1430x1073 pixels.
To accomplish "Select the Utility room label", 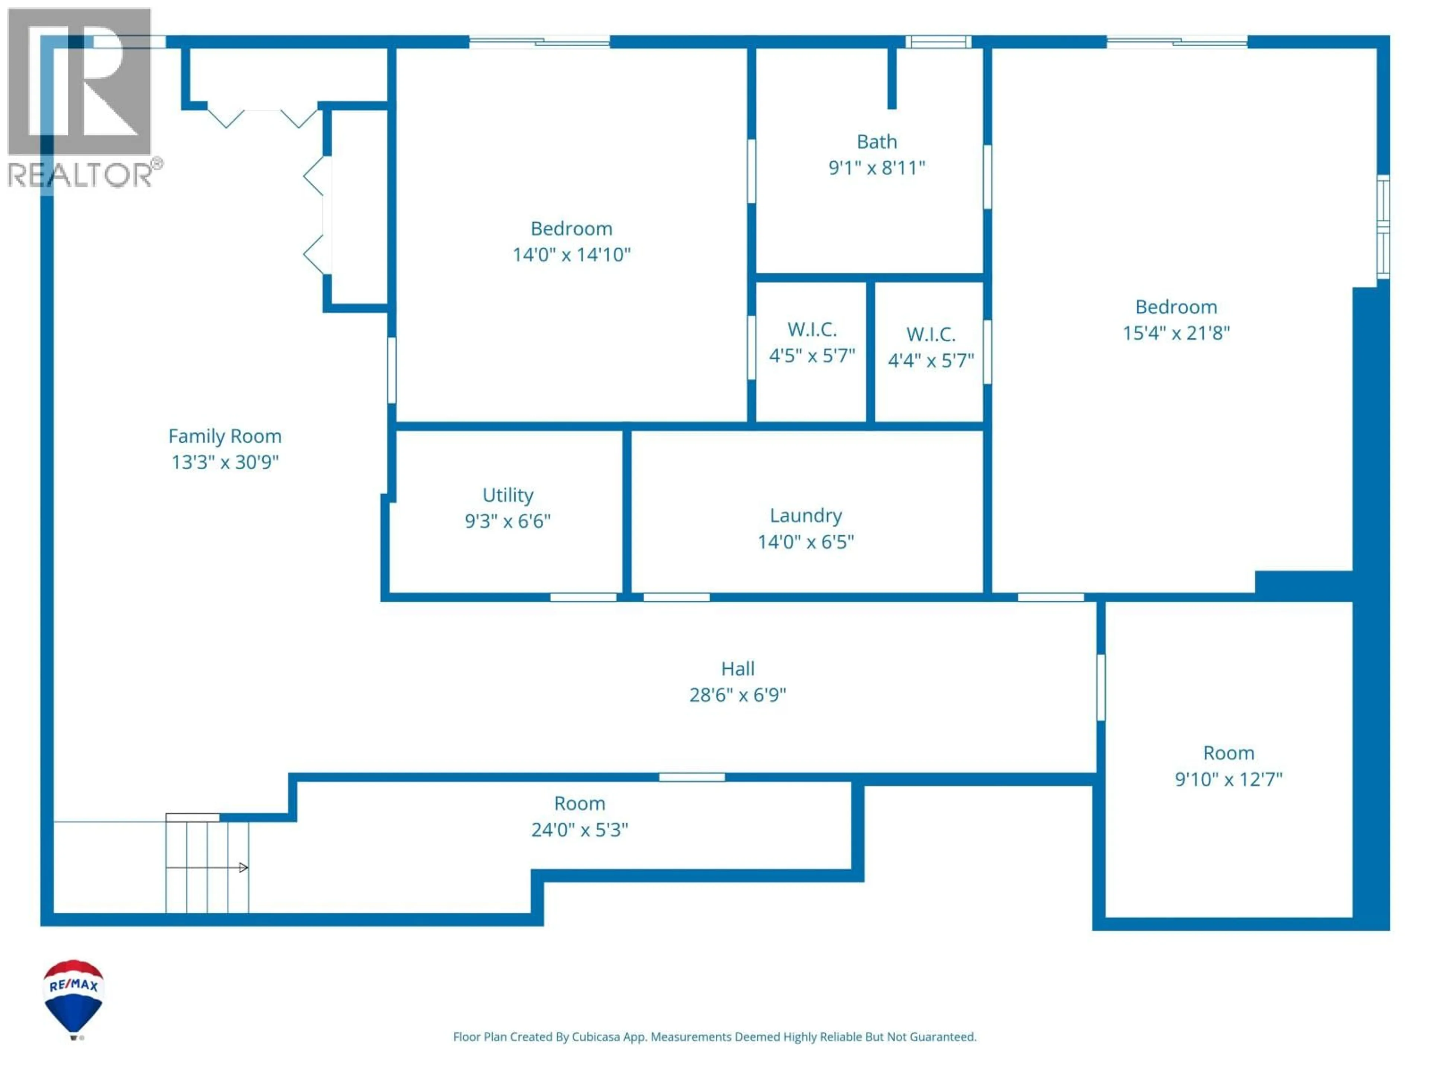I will click(x=508, y=496).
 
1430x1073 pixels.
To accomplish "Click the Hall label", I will click(x=738, y=669).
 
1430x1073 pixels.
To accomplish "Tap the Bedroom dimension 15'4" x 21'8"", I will click(x=1176, y=333).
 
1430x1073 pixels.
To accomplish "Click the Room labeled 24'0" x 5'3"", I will click(x=579, y=816).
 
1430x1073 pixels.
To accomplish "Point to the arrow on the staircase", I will click(x=243, y=867).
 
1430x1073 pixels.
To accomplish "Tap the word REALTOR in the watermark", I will click(x=79, y=175).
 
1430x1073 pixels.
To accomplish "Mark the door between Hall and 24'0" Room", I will click(x=692, y=777).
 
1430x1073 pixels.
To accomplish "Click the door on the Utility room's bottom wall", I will click(x=583, y=597).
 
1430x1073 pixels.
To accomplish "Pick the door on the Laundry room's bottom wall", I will click(x=676, y=597).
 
